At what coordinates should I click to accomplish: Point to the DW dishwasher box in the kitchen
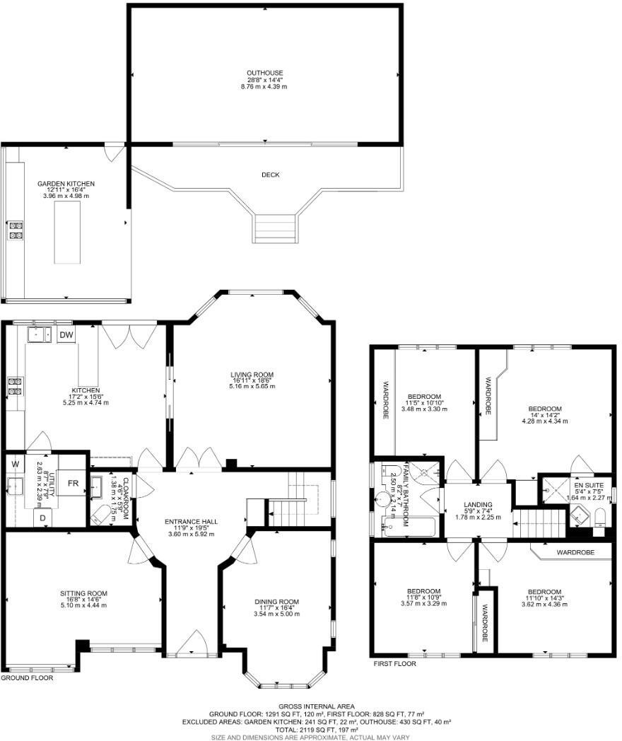pos(66,335)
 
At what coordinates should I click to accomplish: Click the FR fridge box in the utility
pos(72,484)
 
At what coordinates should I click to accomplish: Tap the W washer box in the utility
pos(14,465)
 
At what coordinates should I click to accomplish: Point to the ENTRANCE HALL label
pos(191,522)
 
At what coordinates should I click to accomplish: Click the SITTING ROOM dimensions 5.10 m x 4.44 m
pos(83,605)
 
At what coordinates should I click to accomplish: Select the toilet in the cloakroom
pos(102,516)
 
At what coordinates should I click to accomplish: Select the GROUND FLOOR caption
pos(27,677)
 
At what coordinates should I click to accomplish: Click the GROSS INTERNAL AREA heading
pos(310,706)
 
